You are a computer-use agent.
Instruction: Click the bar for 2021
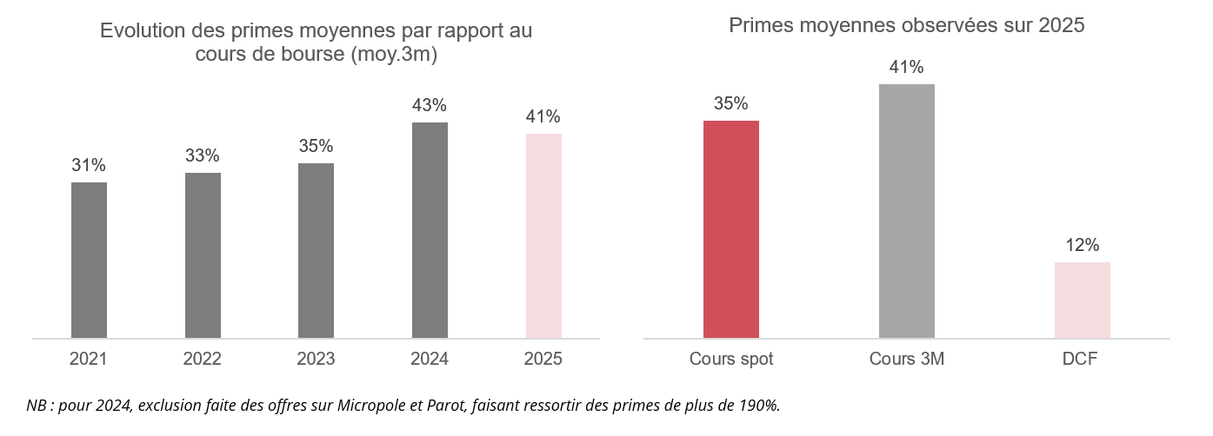[x=89, y=261]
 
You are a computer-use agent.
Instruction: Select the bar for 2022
[x=203, y=255]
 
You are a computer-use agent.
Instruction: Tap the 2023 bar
[x=316, y=250]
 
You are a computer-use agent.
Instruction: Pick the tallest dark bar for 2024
[x=430, y=230]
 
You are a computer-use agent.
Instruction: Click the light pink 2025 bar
[x=543, y=236]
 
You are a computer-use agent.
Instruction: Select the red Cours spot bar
[x=731, y=229]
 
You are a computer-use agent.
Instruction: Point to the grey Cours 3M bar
[x=907, y=211]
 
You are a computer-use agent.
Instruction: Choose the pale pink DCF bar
[x=1082, y=301]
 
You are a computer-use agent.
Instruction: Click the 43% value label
[x=430, y=105]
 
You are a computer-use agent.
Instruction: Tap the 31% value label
[x=89, y=165]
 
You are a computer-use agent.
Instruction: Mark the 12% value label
[x=1083, y=245]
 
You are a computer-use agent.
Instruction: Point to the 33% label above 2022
[x=203, y=155]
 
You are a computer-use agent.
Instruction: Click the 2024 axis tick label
[x=430, y=359]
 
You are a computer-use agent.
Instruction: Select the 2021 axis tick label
[x=89, y=359]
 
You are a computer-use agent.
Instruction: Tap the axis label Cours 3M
[x=907, y=359]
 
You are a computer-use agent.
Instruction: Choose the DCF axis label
[x=1080, y=359]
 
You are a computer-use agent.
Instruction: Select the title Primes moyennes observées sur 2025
[x=907, y=25]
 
